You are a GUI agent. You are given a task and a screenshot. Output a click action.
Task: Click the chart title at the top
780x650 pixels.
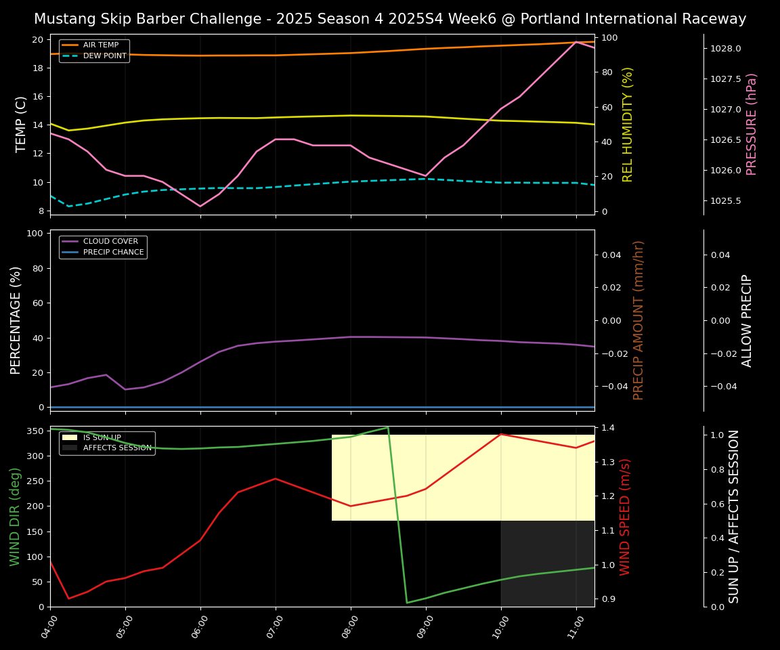pyautogui.click(x=390, y=19)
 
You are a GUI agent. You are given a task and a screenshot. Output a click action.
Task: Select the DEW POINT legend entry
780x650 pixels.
pyautogui.click(x=104, y=56)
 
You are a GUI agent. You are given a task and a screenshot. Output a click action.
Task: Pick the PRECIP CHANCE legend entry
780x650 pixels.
pyautogui.click(x=113, y=253)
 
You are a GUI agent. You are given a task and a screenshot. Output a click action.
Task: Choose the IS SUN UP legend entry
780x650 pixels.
pyautogui.click(x=102, y=438)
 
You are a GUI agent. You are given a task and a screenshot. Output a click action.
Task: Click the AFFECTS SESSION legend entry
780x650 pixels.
pyautogui.click(x=117, y=448)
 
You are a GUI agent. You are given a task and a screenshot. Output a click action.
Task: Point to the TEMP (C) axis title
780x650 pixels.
pyautogui.click(x=21, y=124)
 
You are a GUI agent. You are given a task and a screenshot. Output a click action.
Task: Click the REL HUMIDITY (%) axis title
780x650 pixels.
pyautogui.click(x=628, y=124)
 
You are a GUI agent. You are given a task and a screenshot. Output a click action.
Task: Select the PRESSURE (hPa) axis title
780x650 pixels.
pyautogui.click(x=752, y=124)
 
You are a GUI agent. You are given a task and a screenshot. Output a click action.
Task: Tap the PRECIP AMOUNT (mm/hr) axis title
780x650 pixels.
pyautogui.click(x=638, y=320)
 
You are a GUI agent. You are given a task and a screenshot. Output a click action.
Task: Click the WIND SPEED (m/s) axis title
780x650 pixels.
pyautogui.click(x=626, y=517)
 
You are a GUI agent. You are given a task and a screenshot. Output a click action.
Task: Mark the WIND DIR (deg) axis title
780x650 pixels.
pyautogui.click(x=15, y=517)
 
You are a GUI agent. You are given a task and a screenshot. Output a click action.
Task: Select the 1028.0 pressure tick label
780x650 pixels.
pyautogui.click(x=726, y=49)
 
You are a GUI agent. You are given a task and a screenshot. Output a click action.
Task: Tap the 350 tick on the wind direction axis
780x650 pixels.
pyautogui.click(x=35, y=431)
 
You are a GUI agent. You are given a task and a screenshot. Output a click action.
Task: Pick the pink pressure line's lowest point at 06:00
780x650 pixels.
pyautogui.click(x=200, y=207)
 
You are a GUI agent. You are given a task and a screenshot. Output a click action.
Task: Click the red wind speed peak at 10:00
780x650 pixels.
pyautogui.click(x=501, y=434)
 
